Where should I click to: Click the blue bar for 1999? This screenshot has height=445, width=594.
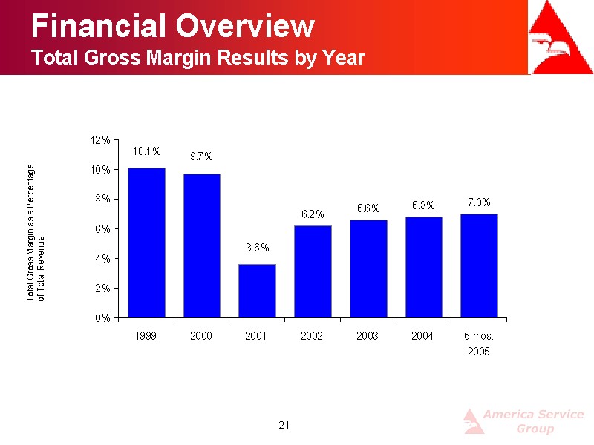pyautogui.click(x=146, y=243)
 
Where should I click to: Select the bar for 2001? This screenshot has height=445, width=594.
pyautogui.click(x=257, y=291)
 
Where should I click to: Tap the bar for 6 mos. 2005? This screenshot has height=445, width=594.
pyautogui.click(x=479, y=266)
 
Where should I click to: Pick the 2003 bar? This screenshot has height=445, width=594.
pyautogui.click(x=368, y=268)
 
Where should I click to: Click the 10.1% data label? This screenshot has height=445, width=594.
pyautogui.click(x=146, y=151)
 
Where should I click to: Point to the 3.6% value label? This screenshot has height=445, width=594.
pyautogui.click(x=257, y=248)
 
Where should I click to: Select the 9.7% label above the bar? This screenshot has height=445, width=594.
pyautogui.click(x=201, y=156)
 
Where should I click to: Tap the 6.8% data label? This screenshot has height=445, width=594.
pyautogui.click(x=423, y=205)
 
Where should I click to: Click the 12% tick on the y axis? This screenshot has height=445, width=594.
pyautogui.click(x=100, y=140)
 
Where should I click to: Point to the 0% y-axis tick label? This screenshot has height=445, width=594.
pyautogui.click(x=102, y=318)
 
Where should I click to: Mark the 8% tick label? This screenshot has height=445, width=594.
pyautogui.click(x=102, y=199)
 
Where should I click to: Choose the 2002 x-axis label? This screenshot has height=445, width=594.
pyautogui.click(x=312, y=336)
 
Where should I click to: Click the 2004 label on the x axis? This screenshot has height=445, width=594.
pyautogui.click(x=422, y=336)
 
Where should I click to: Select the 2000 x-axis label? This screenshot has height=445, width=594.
pyautogui.click(x=201, y=336)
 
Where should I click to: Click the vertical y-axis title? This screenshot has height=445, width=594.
pyautogui.click(x=35, y=233)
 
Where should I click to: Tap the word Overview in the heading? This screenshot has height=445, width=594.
pyautogui.click(x=245, y=26)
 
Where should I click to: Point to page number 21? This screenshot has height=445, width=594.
pyautogui.click(x=284, y=425)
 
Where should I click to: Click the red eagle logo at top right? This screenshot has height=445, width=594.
pyautogui.click(x=561, y=37)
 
